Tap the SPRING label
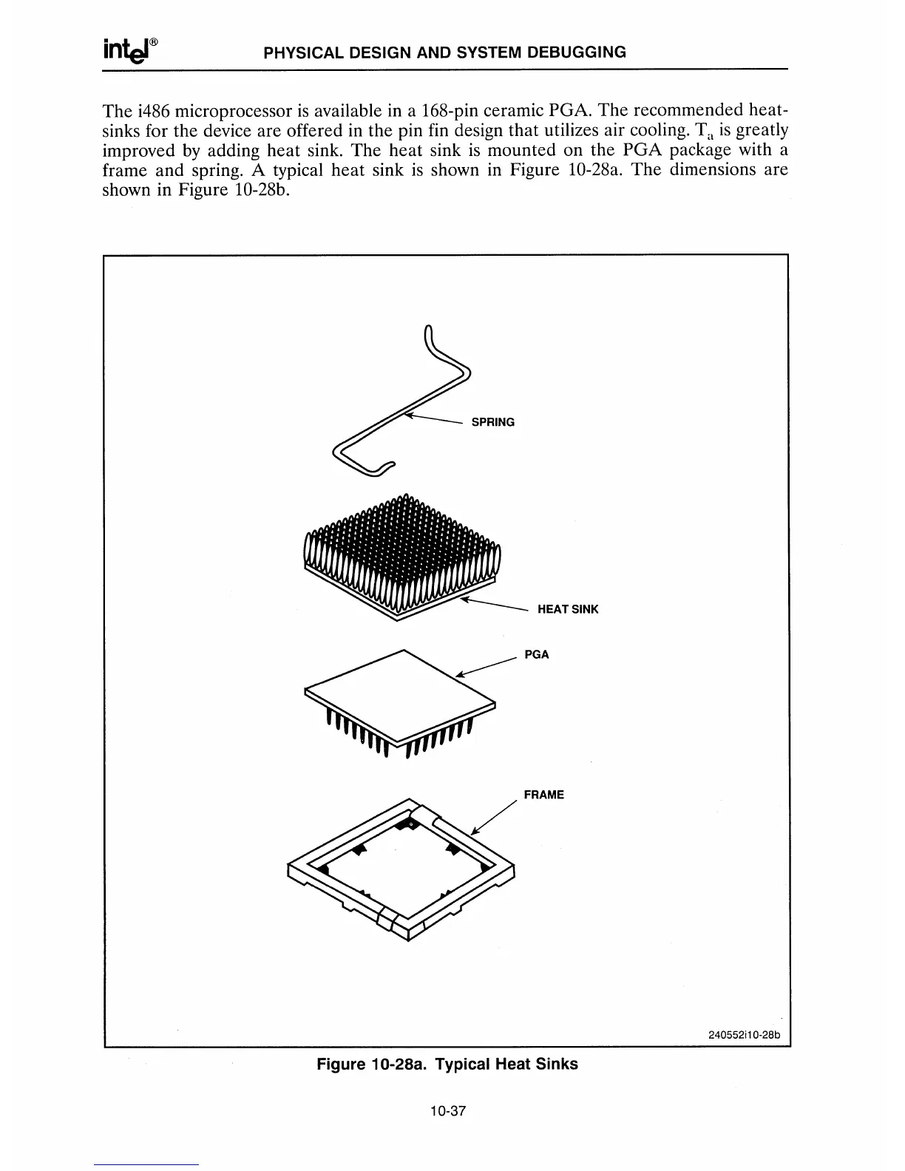coord(493,422)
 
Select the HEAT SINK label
coord(568,609)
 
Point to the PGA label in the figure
coord(537,654)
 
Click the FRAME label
coord(543,795)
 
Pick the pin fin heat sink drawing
coord(401,554)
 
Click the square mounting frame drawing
coord(400,865)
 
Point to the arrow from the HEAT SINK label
coord(492,605)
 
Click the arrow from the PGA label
coord(484,665)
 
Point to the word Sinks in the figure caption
coord(557,1065)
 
